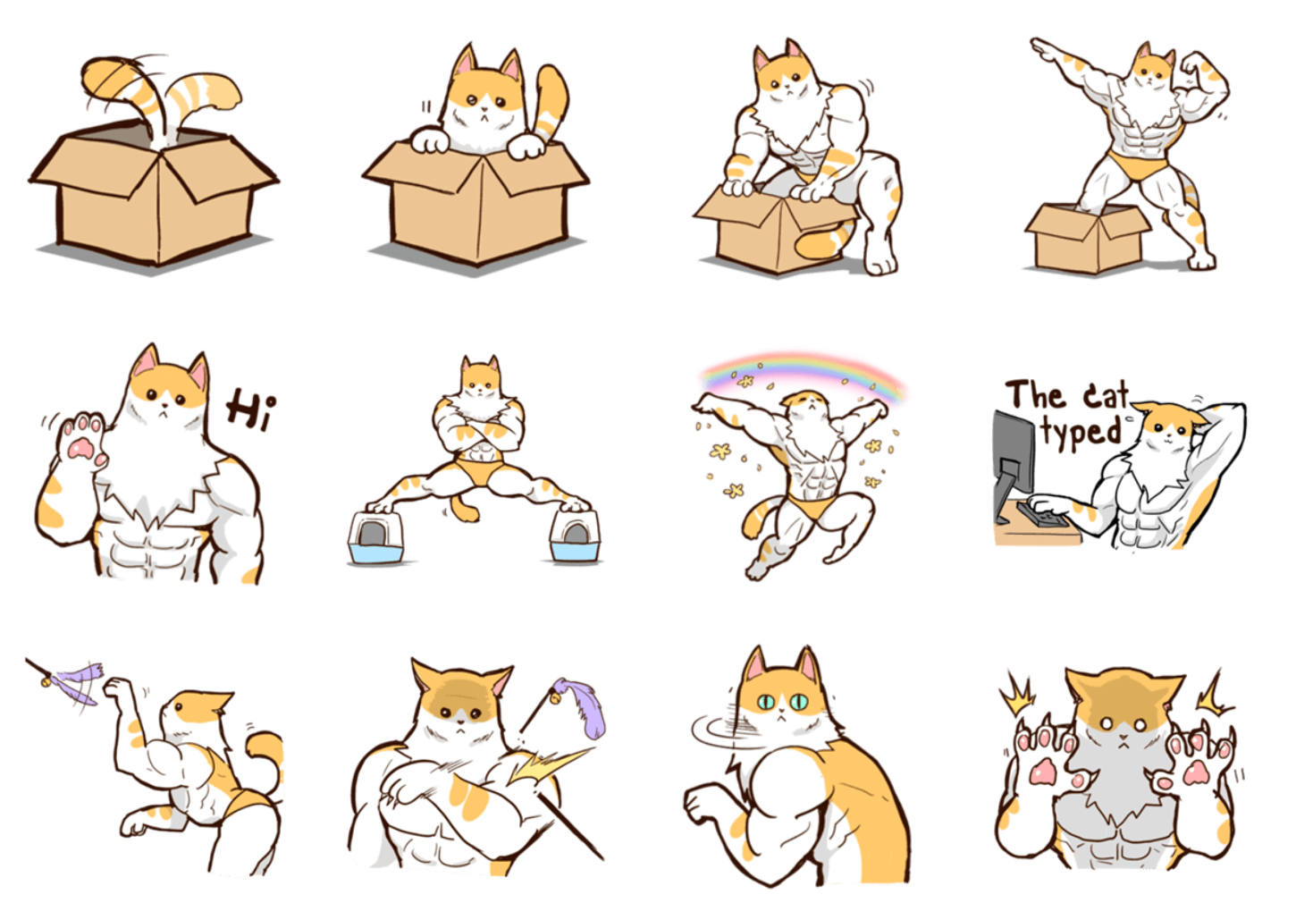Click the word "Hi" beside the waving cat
tap(250, 409)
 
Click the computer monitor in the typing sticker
tap(1013, 466)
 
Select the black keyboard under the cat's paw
tap(1041, 514)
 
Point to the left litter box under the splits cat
tap(376, 537)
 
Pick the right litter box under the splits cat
tap(575, 536)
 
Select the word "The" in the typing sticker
tap(1036, 395)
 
